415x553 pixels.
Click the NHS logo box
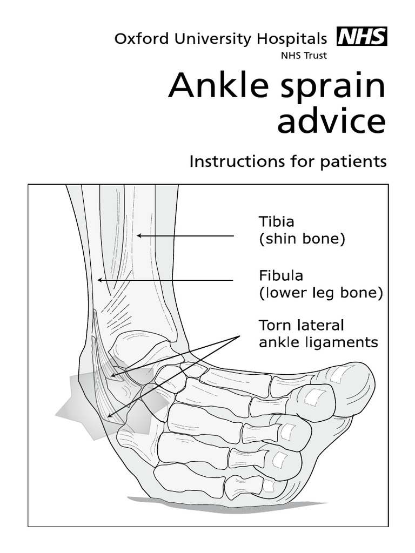click(x=362, y=37)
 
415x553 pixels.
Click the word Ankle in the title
click(x=216, y=86)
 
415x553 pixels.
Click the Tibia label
click(x=277, y=221)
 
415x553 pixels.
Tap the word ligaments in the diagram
click(x=346, y=343)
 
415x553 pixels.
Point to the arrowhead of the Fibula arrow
click(x=98, y=280)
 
